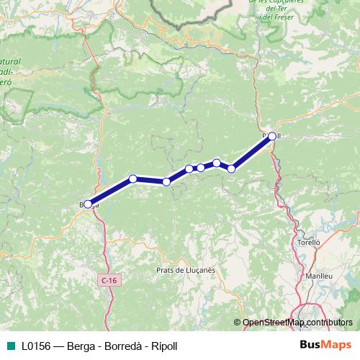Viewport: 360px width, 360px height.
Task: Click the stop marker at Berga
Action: [88, 204]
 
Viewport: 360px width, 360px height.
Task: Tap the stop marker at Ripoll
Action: [271, 135]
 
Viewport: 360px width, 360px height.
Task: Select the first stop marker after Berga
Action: [132, 179]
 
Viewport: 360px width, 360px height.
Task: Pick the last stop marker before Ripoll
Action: [231, 168]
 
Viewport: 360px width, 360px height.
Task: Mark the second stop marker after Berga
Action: [166, 182]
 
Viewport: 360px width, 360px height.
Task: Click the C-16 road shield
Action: [108, 279]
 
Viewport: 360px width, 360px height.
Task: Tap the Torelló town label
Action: [309, 243]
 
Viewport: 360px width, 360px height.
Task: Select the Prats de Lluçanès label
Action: [181, 270]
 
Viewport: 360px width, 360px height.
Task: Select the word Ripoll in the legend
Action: [165, 346]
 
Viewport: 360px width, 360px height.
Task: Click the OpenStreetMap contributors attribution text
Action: [297, 323]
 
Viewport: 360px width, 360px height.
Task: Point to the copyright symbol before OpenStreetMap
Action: [238, 323]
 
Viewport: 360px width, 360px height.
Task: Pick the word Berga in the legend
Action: [81, 346]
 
